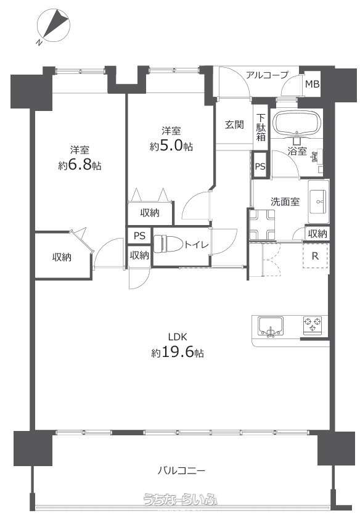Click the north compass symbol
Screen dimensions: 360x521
pos(54,27)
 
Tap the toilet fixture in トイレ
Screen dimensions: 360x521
pos(168,245)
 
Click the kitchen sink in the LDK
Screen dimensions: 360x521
pos(271,326)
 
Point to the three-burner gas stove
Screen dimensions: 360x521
pos(313,325)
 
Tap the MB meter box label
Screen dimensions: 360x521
pos(312,84)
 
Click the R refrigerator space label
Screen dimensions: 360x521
pos(315,256)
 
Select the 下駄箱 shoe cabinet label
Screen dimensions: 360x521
pos(261,127)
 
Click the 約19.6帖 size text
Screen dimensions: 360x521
pos(178,352)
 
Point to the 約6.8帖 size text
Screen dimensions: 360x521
pos(80,165)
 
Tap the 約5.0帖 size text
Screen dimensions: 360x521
pos(171,146)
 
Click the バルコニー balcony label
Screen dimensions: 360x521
pos(181,470)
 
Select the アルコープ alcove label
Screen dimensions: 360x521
pos(267,75)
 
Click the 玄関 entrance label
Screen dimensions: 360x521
pos(234,125)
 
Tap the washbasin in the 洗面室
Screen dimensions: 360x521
pos(318,202)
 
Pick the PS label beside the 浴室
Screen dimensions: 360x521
pos(260,166)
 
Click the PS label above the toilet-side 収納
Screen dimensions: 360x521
pos(140,236)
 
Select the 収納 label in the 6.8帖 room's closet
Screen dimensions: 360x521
pos(62,257)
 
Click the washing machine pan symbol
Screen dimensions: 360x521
pos(263,224)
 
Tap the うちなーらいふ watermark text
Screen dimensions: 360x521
pos(179,499)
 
